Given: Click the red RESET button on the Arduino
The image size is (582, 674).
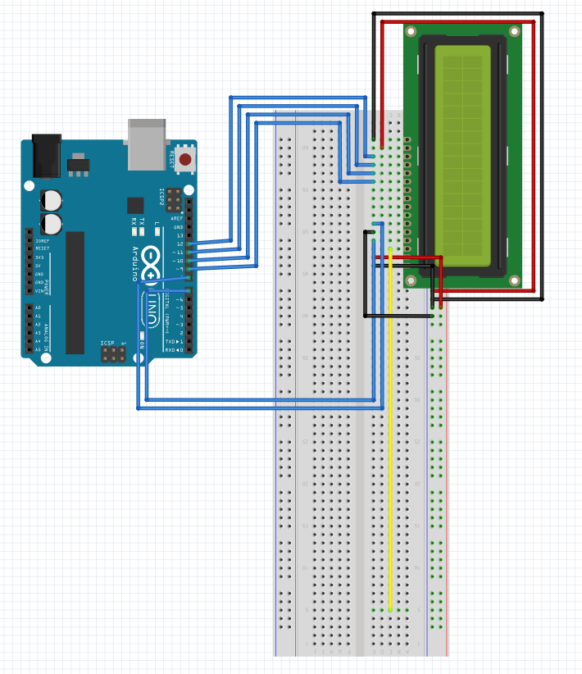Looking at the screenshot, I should (185, 159).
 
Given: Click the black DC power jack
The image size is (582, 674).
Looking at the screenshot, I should (46, 155).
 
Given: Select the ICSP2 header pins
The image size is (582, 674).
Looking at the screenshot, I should (174, 198).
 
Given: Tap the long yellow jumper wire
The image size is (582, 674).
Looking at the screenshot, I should (390, 426).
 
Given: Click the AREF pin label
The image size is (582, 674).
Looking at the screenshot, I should (177, 218).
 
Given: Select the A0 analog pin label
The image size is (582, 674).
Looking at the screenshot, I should (37, 307).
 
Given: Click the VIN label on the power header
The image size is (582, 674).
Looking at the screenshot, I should (39, 290).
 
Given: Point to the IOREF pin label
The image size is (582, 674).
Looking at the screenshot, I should (41, 240).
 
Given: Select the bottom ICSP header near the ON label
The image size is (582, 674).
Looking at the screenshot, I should (113, 353).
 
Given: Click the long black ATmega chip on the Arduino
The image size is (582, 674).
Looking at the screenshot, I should (75, 292).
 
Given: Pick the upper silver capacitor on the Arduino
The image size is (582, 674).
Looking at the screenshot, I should (52, 199).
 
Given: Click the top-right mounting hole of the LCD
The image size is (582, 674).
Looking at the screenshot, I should (514, 32).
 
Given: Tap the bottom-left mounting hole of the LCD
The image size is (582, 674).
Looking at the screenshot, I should (411, 280).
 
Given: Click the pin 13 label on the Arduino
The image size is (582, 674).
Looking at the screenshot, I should (180, 235).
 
